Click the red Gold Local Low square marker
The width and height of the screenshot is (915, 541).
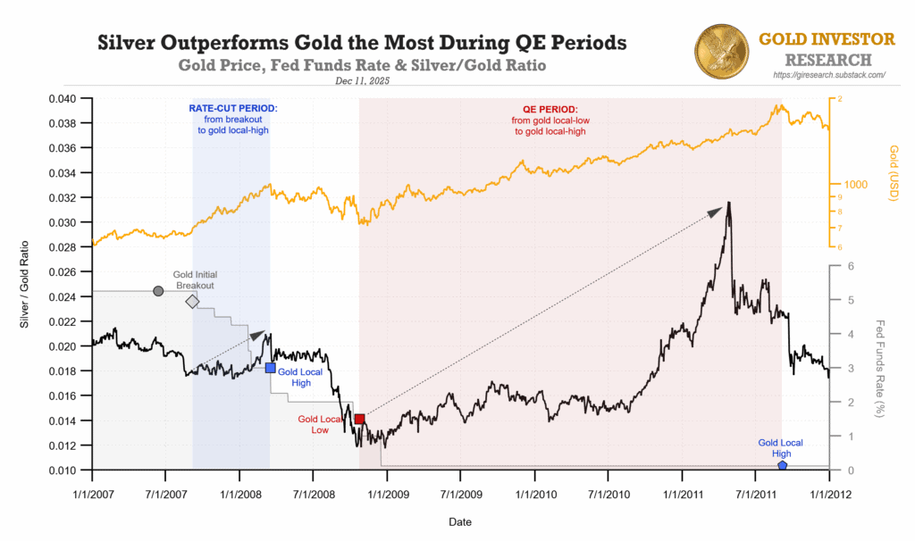359,419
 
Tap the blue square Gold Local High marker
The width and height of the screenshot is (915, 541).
270,368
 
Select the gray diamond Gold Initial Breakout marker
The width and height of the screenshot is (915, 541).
192,302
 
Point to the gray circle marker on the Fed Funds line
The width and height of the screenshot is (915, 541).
158,291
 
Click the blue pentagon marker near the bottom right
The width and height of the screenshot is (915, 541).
782,466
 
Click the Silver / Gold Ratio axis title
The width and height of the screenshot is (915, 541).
26,284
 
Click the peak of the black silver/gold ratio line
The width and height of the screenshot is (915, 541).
729,203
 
